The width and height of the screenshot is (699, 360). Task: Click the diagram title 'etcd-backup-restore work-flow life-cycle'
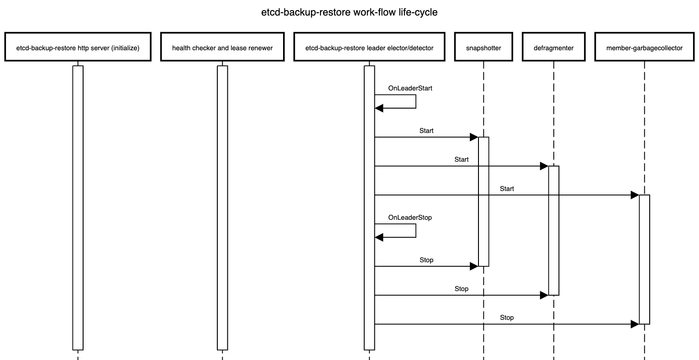349,12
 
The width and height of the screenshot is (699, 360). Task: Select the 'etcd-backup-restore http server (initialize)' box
78,47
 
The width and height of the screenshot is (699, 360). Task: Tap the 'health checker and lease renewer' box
222,47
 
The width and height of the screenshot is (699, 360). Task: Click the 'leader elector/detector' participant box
369,47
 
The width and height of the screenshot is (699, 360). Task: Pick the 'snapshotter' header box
483,47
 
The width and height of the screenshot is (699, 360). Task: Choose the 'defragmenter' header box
553,47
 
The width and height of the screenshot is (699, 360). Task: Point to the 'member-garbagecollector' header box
644,47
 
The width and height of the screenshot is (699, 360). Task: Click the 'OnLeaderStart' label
410,88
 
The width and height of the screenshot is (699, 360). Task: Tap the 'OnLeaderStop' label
410,217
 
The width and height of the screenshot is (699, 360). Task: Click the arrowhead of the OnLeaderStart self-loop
379,108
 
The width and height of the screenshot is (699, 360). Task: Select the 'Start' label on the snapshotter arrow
426,131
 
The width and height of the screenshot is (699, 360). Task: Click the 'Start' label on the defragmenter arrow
462,159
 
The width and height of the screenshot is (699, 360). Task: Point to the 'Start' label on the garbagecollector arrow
507,189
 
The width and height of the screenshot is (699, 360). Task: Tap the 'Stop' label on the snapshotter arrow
426,260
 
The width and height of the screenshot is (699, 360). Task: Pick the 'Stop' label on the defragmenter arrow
462,289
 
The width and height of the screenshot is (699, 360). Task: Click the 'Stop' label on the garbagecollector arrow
507,318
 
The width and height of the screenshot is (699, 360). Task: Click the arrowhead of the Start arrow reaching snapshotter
474,137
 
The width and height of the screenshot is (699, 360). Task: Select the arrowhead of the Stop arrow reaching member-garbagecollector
635,324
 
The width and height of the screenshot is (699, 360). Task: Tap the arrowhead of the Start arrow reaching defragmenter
544,166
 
